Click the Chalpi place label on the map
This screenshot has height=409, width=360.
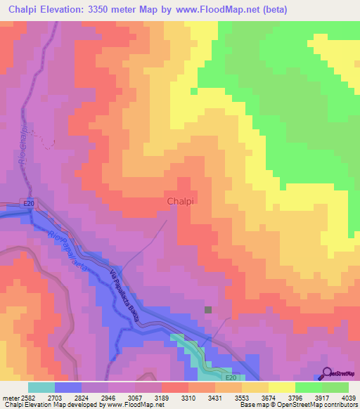tap(181, 202)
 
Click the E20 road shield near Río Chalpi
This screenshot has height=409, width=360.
tap(28, 204)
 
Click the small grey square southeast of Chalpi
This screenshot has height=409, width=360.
tap(207, 309)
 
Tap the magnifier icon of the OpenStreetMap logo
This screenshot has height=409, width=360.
tap(327, 372)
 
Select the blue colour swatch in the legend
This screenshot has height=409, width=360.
tap(68, 387)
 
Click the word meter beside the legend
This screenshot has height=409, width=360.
tap(10, 397)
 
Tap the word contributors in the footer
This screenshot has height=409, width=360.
tap(340, 405)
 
